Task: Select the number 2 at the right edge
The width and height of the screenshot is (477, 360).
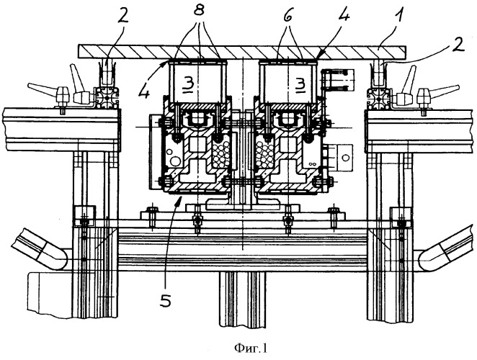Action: (458, 45)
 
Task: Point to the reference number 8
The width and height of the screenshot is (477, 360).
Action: (199, 12)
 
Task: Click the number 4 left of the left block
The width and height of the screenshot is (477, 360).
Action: (144, 89)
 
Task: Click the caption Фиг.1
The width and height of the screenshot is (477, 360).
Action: (251, 348)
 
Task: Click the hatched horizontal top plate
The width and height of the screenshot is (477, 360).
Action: (242, 52)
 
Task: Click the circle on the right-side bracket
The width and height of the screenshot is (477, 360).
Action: (346, 158)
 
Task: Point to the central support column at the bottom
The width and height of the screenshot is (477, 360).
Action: (242, 300)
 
